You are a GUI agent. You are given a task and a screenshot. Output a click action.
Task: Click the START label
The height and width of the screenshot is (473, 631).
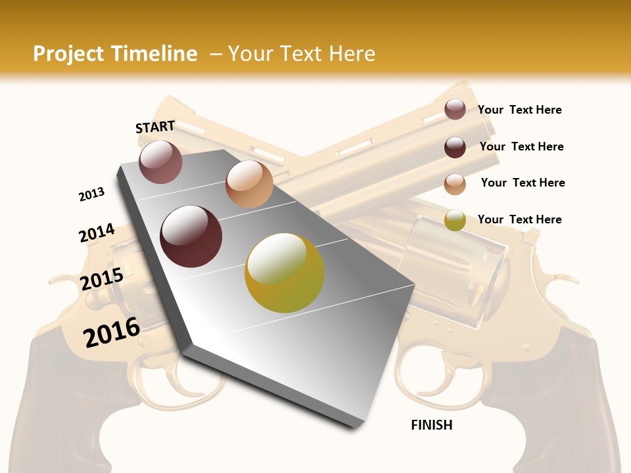click(155, 127)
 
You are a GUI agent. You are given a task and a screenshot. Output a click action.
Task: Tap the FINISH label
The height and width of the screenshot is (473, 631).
click(431, 425)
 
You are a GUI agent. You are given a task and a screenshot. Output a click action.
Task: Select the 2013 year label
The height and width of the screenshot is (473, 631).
click(91, 194)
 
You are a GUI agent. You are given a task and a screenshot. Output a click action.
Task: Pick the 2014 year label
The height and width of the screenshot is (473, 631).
click(97, 233)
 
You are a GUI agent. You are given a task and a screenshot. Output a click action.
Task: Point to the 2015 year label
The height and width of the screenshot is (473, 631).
click(101, 279)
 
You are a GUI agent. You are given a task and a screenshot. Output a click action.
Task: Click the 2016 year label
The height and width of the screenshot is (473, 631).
click(111, 332)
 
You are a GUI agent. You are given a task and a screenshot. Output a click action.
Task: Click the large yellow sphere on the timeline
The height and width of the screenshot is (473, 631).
click(285, 273)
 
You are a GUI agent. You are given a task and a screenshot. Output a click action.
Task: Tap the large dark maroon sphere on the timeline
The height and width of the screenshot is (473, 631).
click(191, 236)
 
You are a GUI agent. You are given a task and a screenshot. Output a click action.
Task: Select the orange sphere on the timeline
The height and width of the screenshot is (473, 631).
click(249, 184)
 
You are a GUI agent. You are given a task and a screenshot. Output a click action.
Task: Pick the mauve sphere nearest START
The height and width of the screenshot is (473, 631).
click(160, 162)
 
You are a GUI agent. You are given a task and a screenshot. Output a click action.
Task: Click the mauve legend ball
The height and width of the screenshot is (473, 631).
click(455, 109)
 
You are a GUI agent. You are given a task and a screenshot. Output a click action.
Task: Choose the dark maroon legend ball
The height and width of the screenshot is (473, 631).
click(455, 146)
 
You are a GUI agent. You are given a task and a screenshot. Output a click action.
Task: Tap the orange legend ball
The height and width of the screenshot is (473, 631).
click(455, 183)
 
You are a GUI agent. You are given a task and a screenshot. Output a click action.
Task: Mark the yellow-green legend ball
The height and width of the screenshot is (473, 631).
click(455, 220)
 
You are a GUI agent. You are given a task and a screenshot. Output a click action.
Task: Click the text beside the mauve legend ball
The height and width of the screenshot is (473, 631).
click(519, 110)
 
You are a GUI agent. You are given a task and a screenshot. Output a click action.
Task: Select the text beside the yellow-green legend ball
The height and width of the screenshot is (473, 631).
click(519, 219)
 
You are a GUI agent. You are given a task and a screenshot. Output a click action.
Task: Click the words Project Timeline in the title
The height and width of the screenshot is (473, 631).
click(115, 54)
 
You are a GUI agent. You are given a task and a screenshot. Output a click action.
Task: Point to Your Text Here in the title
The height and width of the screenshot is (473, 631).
click(301, 54)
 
